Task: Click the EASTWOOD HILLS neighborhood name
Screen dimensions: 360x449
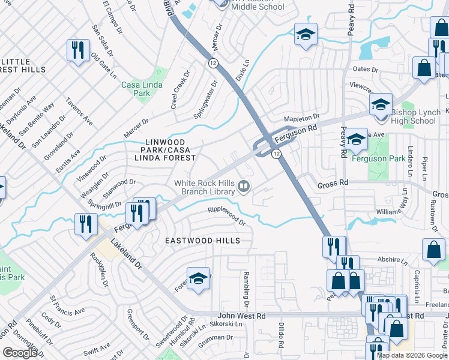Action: tap(203, 241)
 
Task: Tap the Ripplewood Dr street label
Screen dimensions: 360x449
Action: tap(227, 215)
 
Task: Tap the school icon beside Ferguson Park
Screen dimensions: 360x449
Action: tap(356, 140)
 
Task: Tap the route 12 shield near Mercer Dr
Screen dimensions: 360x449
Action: tap(213, 63)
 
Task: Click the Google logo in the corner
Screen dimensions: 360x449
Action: tap(20, 352)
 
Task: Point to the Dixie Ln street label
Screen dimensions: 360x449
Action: tap(242, 70)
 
